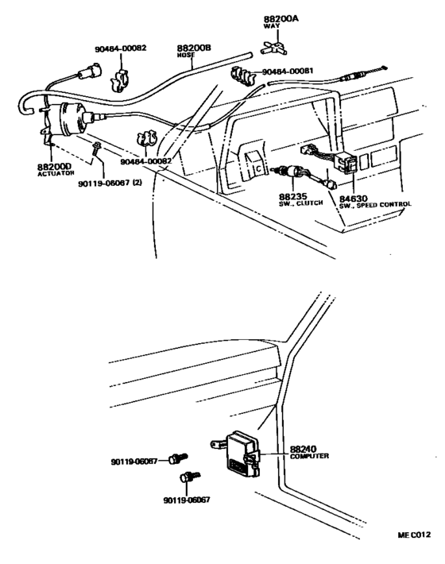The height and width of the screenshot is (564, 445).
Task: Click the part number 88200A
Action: pyautogui.click(x=279, y=17)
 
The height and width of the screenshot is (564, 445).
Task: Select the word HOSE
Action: pyautogui.click(x=187, y=56)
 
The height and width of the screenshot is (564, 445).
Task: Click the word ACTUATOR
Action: pyautogui.click(x=55, y=173)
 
